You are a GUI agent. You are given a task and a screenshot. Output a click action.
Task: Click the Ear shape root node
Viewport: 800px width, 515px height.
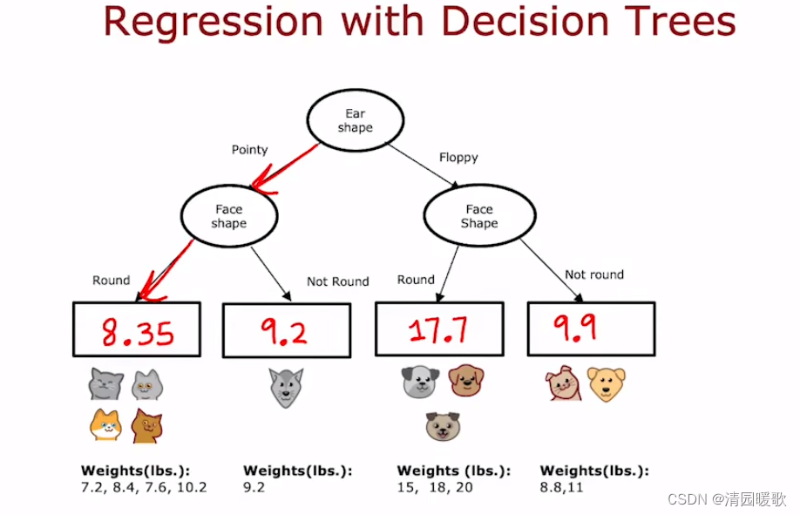(355, 121)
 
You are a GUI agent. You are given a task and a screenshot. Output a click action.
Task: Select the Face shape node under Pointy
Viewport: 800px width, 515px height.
(229, 216)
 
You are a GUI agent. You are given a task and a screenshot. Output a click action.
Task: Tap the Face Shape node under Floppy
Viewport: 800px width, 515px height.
(478, 216)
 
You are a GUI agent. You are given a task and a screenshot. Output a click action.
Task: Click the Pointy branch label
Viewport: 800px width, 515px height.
(249, 150)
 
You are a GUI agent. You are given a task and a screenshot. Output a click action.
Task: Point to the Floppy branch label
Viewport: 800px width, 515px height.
(458, 158)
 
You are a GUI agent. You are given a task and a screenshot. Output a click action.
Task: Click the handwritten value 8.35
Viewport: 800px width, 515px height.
(137, 332)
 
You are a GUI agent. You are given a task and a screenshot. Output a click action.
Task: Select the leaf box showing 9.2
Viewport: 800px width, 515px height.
(287, 331)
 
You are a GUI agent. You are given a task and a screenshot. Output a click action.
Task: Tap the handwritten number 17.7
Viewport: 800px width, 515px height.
(438, 329)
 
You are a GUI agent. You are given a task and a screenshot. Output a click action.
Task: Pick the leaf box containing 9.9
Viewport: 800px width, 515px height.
(591, 328)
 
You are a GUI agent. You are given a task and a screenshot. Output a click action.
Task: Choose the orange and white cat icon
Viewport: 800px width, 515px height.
(106, 424)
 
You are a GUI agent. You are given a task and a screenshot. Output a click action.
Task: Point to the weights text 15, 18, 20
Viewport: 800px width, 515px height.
(435, 487)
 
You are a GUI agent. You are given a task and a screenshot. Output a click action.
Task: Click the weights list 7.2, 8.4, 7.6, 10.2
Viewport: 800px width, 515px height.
(144, 487)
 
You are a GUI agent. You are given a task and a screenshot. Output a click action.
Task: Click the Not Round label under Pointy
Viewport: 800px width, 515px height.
(337, 281)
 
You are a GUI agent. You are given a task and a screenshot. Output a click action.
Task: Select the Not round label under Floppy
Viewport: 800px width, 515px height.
(594, 274)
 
